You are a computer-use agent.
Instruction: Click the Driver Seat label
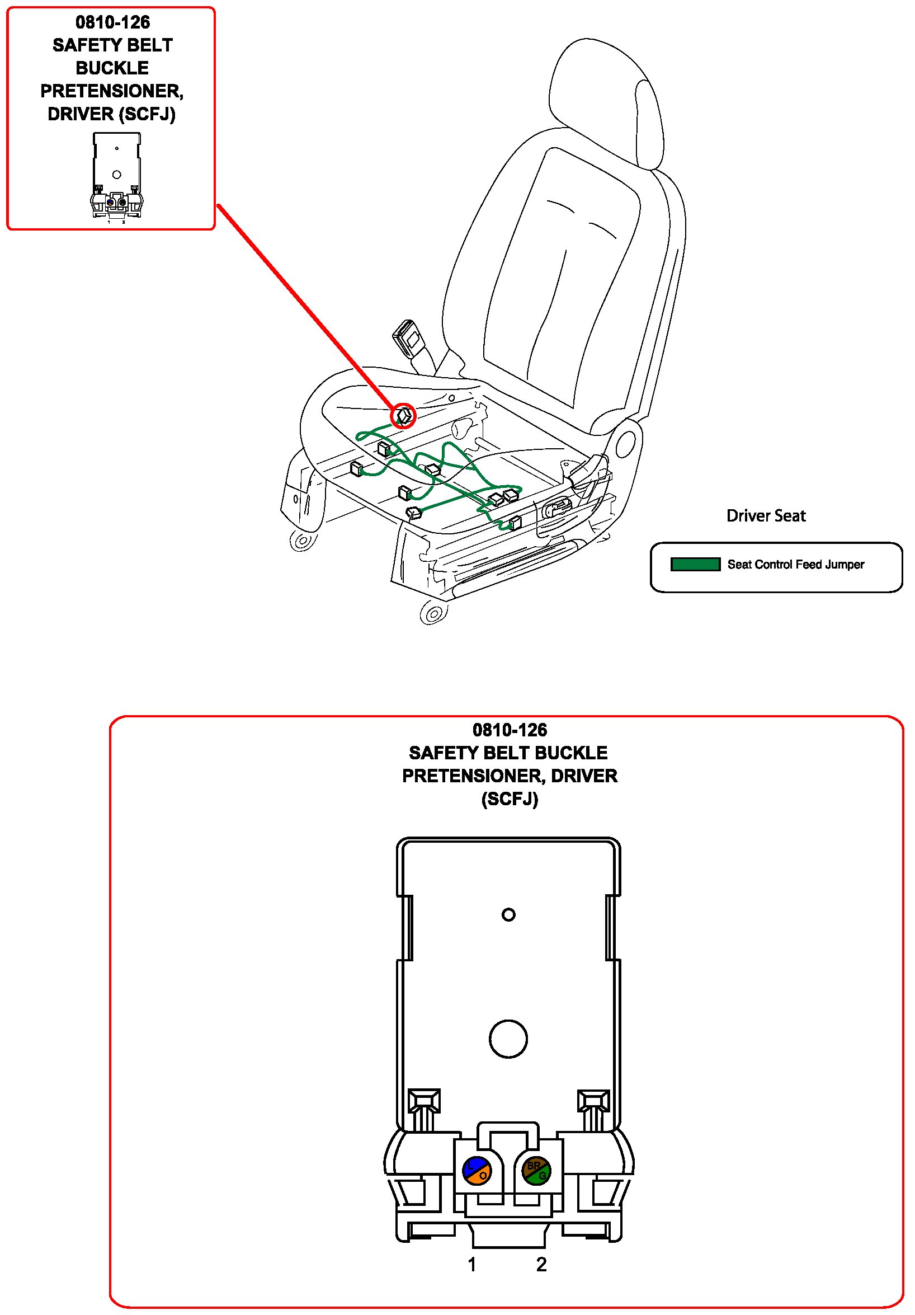tap(766, 515)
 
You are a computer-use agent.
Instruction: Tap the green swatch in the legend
tap(695, 564)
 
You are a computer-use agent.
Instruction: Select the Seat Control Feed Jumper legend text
tap(795, 564)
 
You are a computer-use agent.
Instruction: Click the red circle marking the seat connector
tap(403, 415)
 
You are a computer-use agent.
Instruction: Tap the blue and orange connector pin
tap(477, 1171)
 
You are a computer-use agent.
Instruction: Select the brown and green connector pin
tap(536, 1171)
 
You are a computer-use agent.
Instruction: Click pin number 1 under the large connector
tap(472, 1264)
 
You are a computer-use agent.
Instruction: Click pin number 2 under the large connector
tap(541, 1264)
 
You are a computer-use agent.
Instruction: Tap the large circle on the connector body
tap(508, 1039)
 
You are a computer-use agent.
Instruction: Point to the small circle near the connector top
tap(508, 915)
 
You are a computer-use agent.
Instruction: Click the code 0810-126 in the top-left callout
tap(113, 22)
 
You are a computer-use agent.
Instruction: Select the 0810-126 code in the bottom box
tap(510, 730)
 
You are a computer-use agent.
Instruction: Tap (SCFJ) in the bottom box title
tap(510, 799)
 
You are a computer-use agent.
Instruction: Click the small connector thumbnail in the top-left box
tap(116, 176)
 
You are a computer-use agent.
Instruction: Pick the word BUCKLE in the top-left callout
tap(112, 68)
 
